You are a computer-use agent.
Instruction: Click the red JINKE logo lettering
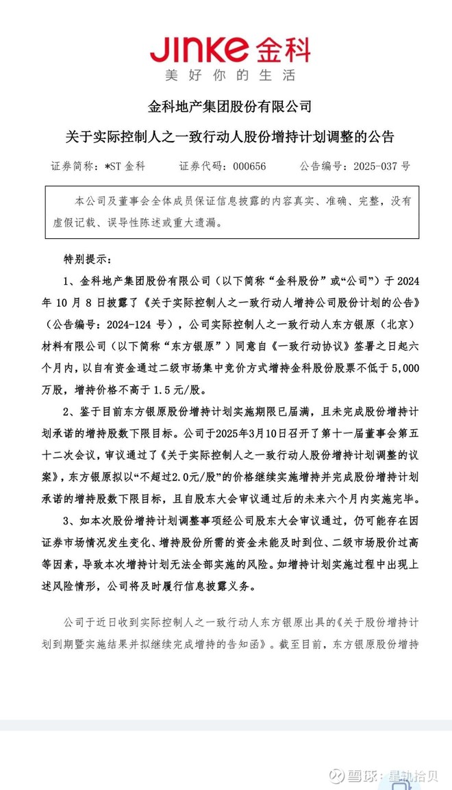[199, 49]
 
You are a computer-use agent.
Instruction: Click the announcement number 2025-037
[375, 166]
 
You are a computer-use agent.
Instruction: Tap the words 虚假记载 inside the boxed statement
[89, 222]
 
